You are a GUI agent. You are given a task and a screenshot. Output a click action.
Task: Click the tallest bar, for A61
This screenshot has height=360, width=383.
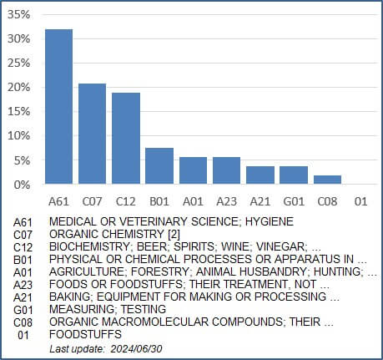click(x=58, y=106)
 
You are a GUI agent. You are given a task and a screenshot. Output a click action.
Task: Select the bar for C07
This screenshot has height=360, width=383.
click(x=92, y=134)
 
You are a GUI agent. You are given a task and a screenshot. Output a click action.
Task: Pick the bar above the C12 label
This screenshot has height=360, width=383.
click(x=126, y=139)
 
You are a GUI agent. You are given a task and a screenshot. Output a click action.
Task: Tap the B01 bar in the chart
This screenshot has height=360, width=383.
click(x=159, y=166)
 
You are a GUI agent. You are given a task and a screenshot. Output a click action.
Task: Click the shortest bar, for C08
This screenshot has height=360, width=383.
click(x=327, y=180)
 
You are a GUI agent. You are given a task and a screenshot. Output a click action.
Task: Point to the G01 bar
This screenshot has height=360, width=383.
click(x=294, y=175)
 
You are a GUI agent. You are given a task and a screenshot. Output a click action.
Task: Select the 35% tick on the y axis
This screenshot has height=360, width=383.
click(x=18, y=14)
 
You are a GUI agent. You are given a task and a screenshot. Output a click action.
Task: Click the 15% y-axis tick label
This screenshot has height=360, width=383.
click(x=18, y=112)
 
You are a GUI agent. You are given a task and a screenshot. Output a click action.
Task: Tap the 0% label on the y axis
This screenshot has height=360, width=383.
click(x=22, y=185)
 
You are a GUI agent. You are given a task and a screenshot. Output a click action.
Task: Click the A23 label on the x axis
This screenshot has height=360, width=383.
click(x=226, y=201)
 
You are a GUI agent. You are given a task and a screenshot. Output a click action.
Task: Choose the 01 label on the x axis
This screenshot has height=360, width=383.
click(x=360, y=201)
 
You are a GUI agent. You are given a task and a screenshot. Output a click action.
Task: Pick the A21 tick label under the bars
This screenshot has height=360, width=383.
click(x=260, y=201)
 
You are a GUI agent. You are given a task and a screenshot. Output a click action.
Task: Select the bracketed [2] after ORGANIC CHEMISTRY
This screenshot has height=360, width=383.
click(x=174, y=234)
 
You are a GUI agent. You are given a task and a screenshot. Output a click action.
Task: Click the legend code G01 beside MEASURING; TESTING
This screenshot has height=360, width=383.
click(x=23, y=310)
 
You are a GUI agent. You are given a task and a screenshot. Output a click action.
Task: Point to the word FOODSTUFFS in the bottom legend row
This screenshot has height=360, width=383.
click(x=85, y=334)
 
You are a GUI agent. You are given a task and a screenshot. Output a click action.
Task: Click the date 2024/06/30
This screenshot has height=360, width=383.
click(x=136, y=348)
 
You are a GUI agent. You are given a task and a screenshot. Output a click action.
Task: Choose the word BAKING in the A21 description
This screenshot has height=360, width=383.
click(x=70, y=297)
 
